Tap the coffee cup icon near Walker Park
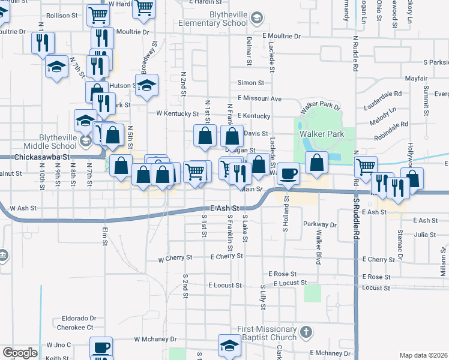pos(289,173)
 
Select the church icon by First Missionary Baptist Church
pos(306,332)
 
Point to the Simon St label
pos(251,83)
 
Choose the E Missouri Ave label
pos(259,98)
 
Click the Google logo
pos(20,352)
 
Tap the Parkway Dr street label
pos(320,225)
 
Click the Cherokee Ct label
pos(75,328)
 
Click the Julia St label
pos(424,235)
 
